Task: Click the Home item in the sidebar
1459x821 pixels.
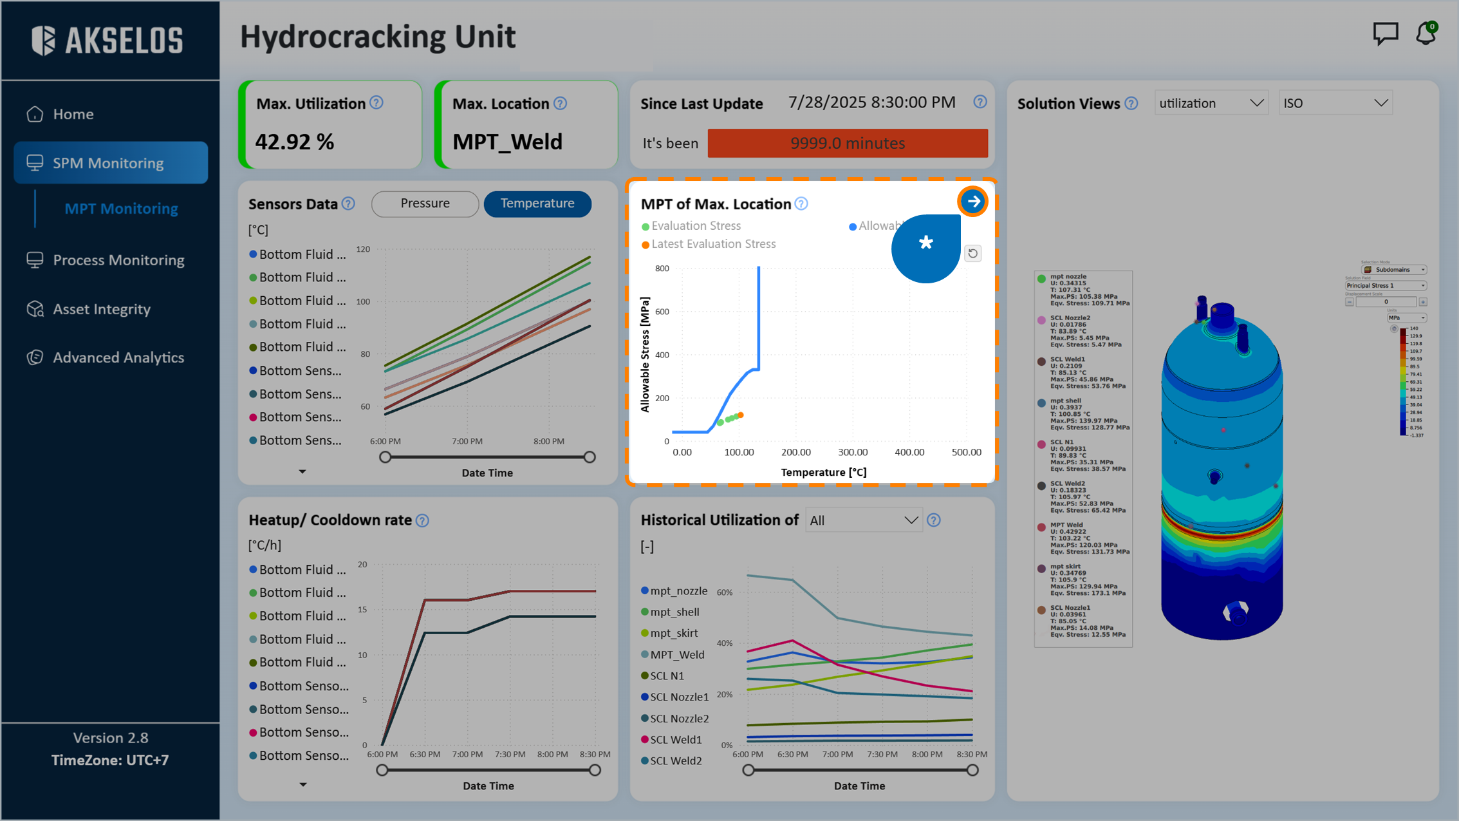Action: pyautogui.click(x=73, y=114)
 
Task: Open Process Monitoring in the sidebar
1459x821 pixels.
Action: pyautogui.click(x=118, y=260)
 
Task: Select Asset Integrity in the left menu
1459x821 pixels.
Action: pyautogui.click(x=102, y=309)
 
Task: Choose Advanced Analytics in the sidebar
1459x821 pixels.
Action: pyautogui.click(x=118, y=357)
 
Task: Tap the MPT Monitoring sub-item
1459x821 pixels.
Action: pyautogui.click(x=121, y=209)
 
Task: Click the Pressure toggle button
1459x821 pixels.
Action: pyautogui.click(x=425, y=203)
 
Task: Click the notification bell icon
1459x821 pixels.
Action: pyautogui.click(x=1426, y=34)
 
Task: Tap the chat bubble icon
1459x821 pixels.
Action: pyautogui.click(x=1385, y=33)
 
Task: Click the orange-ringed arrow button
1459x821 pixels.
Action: pyautogui.click(x=972, y=202)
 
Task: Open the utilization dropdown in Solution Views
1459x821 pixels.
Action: pyautogui.click(x=1211, y=103)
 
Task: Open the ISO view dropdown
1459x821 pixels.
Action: pyautogui.click(x=1335, y=103)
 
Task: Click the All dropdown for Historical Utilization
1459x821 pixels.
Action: pyautogui.click(x=863, y=520)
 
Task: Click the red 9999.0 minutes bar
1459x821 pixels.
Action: pyautogui.click(x=847, y=143)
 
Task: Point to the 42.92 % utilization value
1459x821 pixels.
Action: pyautogui.click(x=295, y=142)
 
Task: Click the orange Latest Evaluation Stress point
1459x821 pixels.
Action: pyautogui.click(x=741, y=415)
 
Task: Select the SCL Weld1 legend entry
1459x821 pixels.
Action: pyautogui.click(x=675, y=740)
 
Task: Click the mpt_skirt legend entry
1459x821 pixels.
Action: pyautogui.click(x=673, y=633)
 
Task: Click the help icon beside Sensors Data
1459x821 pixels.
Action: pyautogui.click(x=348, y=204)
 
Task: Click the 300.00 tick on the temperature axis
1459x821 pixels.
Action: pyautogui.click(x=852, y=452)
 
